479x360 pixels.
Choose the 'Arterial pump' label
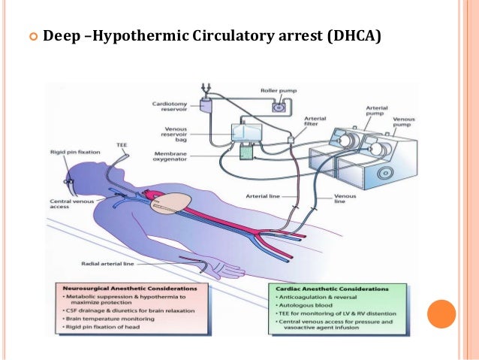(x=376, y=111)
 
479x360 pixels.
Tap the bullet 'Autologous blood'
(x=301, y=307)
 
